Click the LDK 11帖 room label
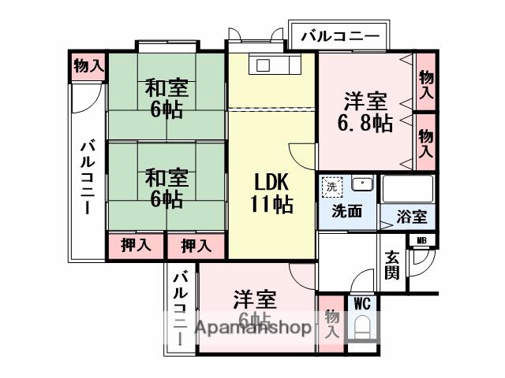272,193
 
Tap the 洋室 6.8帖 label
365,113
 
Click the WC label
361,302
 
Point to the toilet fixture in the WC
362,327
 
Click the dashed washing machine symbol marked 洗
332,187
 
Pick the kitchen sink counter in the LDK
271,65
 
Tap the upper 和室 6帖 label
166,98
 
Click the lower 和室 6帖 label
166,187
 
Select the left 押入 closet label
136,246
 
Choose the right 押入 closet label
196,246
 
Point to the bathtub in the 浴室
407,189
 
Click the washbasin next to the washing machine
361,186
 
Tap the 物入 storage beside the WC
331,323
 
